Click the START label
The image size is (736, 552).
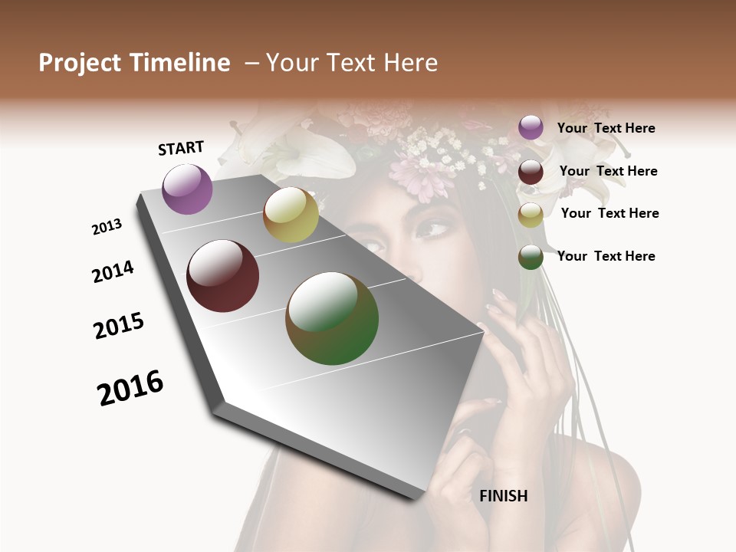click(x=181, y=148)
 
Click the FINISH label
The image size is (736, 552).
click(x=503, y=496)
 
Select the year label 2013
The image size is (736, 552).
click(x=107, y=227)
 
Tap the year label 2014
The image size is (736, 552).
click(x=113, y=271)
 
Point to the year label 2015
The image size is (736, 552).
click(x=119, y=327)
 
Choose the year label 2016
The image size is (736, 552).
click(x=130, y=388)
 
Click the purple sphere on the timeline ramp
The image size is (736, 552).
click(x=187, y=189)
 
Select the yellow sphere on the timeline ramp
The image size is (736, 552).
click(x=291, y=215)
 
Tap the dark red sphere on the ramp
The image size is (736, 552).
click(x=223, y=276)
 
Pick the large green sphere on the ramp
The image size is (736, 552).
click(x=332, y=318)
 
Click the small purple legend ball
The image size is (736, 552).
click(x=531, y=127)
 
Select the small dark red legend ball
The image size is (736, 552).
click(x=531, y=172)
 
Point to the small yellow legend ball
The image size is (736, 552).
click(x=531, y=215)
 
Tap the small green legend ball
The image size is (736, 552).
click(x=531, y=257)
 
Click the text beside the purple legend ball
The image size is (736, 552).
click(x=606, y=128)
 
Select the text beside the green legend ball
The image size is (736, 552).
click(x=606, y=256)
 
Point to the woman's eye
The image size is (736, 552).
click(x=435, y=228)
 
